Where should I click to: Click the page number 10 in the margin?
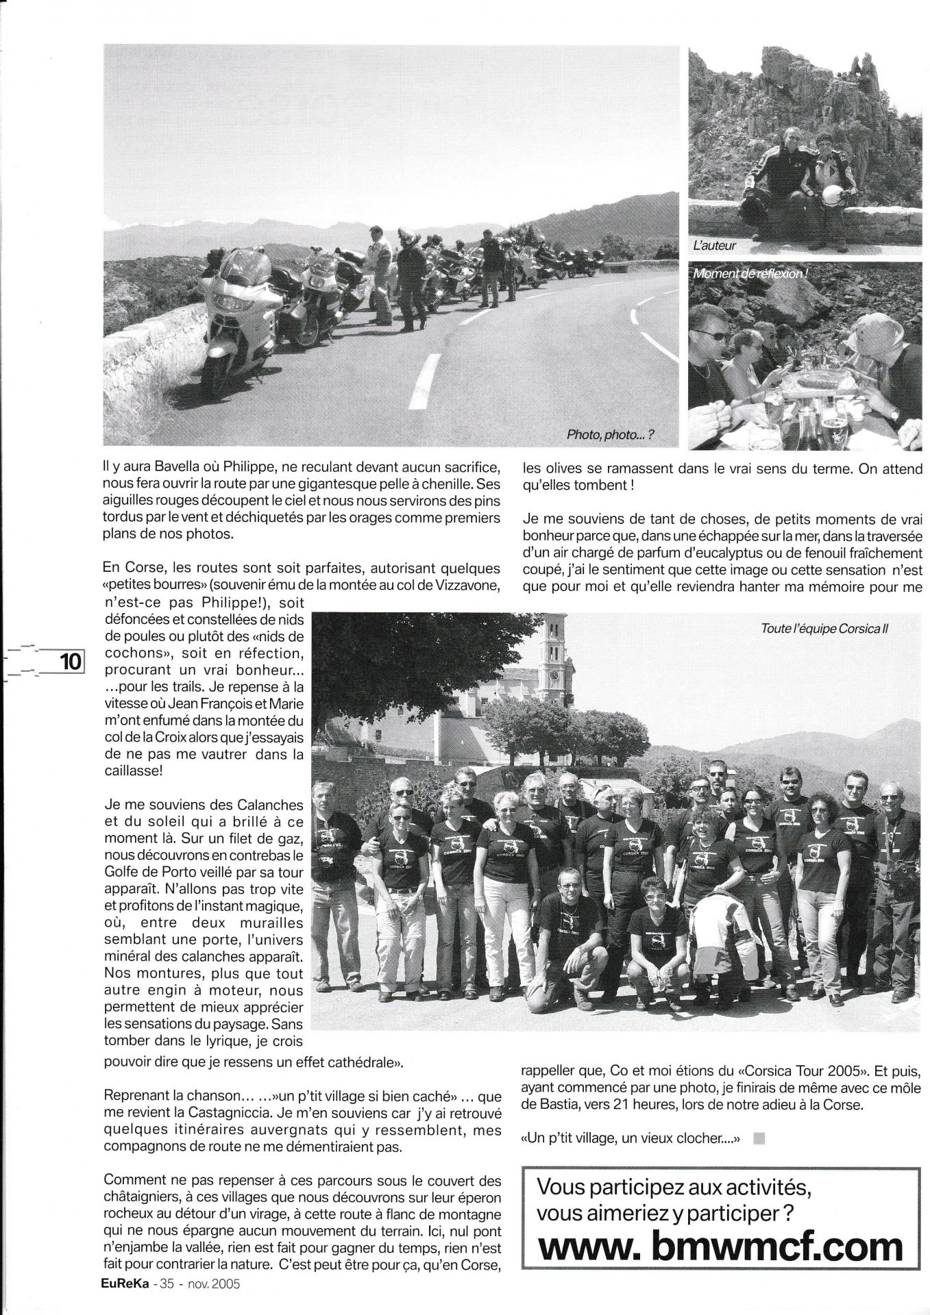[71, 662]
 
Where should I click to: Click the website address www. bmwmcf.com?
[720, 1243]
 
